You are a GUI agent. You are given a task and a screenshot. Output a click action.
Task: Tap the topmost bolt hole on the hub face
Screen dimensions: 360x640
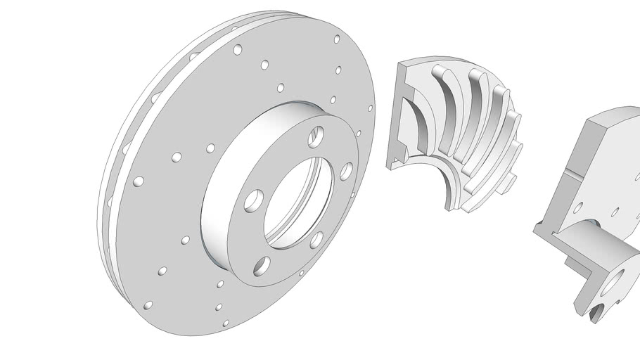click(x=317, y=132)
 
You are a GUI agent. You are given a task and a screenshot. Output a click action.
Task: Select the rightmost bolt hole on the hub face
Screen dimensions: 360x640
click(x=346, y=171)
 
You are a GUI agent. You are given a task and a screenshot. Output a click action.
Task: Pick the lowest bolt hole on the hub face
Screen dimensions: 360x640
click(x=262, y=266)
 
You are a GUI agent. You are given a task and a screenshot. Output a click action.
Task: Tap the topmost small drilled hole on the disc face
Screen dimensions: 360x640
click(x=337, y=39)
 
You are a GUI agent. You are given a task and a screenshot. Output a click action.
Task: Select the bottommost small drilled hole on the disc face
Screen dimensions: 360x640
click(x=226, y=323)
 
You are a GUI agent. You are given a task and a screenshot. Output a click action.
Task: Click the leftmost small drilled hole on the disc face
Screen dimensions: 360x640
click(x=139, y=181)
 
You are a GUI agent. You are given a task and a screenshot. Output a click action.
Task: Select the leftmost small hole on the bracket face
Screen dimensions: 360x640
click(x=578, y=207)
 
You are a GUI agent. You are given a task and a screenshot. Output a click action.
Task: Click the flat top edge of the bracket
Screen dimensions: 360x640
click(x=612, y=116)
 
